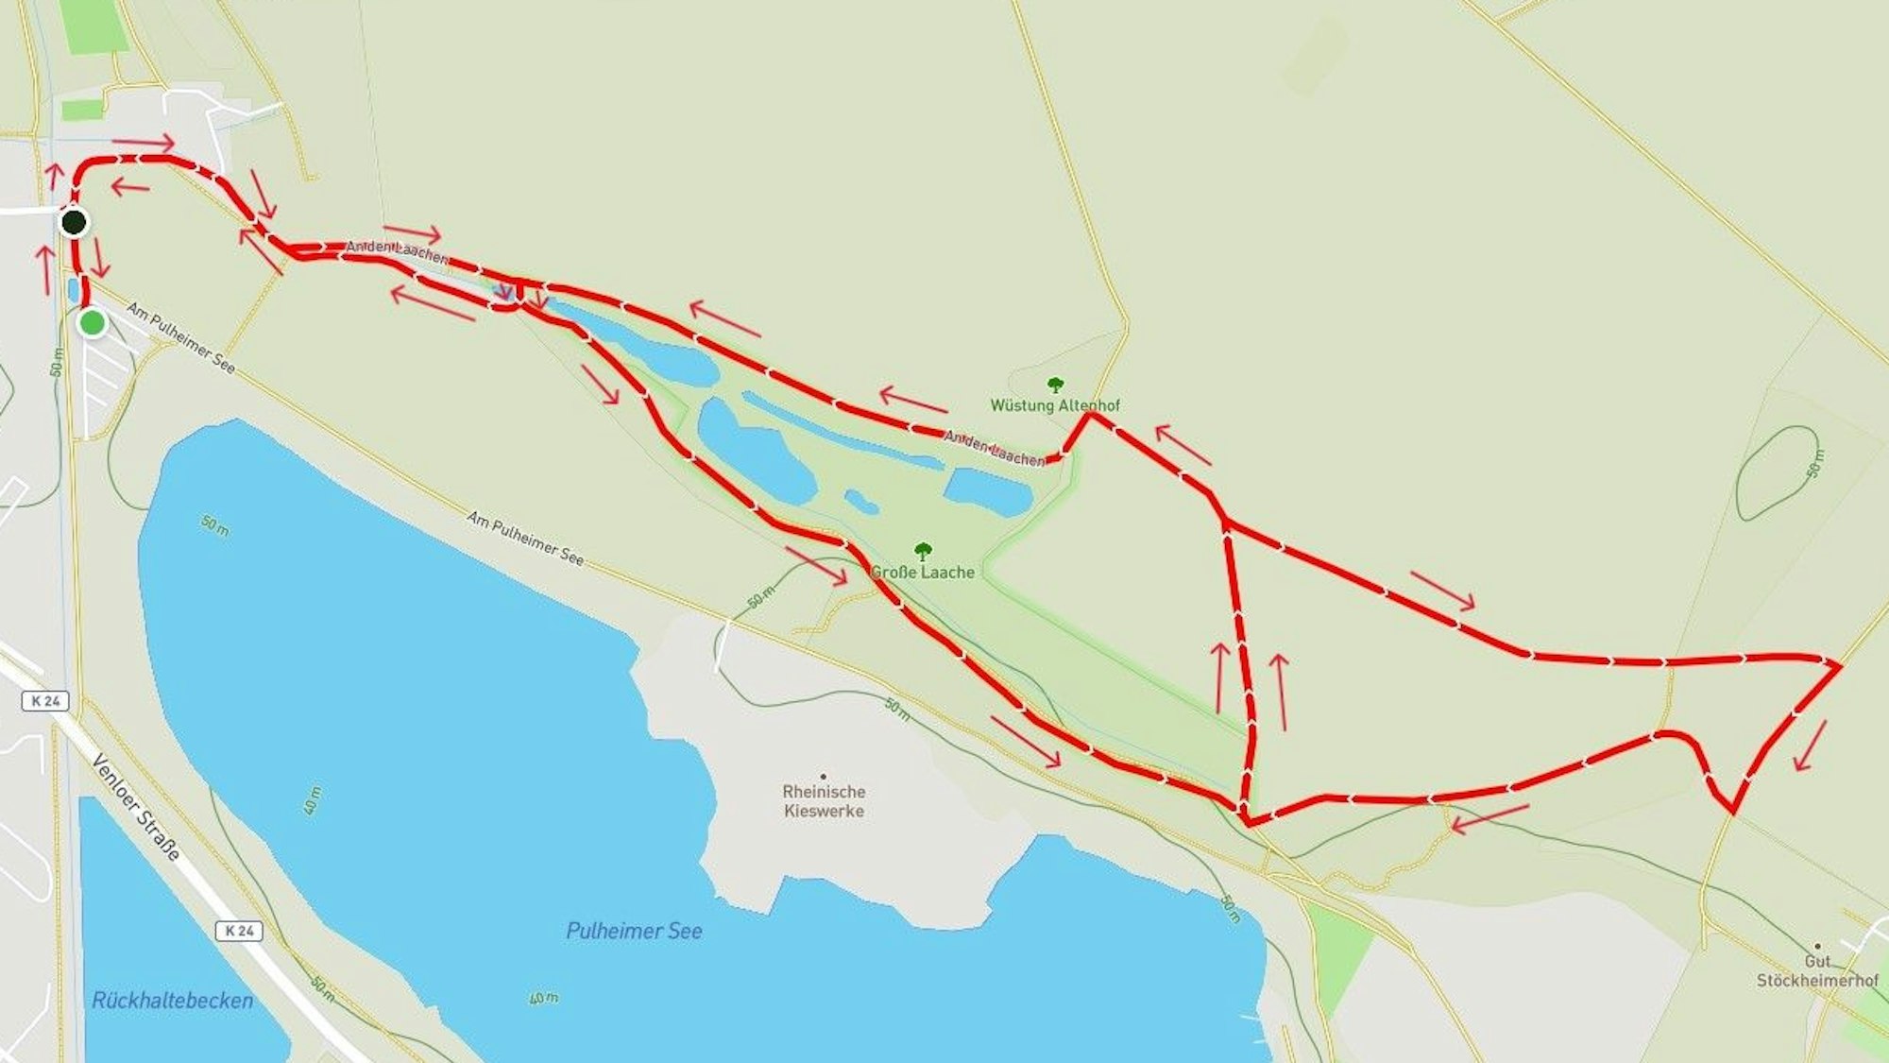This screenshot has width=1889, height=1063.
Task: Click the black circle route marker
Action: pyautogui.click(x=74, y=223)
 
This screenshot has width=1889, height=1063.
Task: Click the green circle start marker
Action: pyautogui.click(x=92, y=323)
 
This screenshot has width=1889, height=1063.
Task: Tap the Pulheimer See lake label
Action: pyautogui.click(x=634, y=931)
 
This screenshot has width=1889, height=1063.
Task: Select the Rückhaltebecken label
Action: pyautogui.click(x=172, y=1001)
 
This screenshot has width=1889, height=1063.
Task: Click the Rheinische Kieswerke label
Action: pyautogui.click(x=824, y=801)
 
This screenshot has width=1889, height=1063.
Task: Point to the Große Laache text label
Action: pyautogui.click(x=922, y=572)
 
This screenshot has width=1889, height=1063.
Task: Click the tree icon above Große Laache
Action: pyautogui.click(x=923, y=551)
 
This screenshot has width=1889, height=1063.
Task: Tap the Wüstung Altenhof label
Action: pyautogui.click(x=1054, y=405)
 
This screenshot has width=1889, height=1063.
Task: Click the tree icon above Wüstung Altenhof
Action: pyautogui.click(x=1055, y=385)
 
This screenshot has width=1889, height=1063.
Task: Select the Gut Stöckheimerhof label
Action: pyautogui.click(x=1817, y=971)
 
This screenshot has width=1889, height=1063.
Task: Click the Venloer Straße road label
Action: pyautogui.click(x=137, y=807)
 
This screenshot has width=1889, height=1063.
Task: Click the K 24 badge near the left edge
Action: pyautogui.click(x=44, y=701)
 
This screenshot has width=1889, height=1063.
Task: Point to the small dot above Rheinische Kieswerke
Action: pyautogui.click(x=823, y=777)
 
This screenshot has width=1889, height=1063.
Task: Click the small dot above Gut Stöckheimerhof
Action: pyautogui.click(x=1817, y=946)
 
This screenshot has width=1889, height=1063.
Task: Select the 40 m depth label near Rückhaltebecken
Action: pyautogui.click(x=314, y=799)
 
